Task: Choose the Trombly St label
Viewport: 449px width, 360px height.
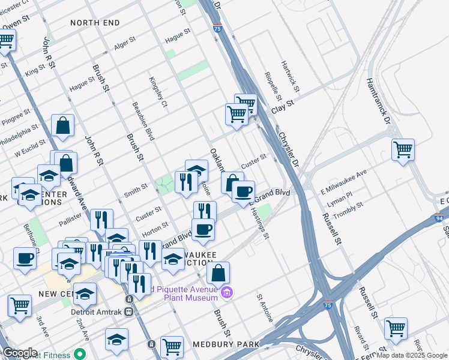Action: pos(348,206)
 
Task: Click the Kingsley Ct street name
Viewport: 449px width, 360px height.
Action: pos(158,91)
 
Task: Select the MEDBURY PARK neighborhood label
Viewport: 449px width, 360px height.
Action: pos(226,344)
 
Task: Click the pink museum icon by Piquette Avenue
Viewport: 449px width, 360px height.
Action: pos(226,293)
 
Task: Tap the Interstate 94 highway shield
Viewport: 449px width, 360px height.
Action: pos(439,220)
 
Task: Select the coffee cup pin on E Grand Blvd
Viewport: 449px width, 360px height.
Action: pos(243,192)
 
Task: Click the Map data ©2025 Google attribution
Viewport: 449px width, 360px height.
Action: pos(412,355)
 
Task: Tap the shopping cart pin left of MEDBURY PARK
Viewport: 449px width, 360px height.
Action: pos(172,346)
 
